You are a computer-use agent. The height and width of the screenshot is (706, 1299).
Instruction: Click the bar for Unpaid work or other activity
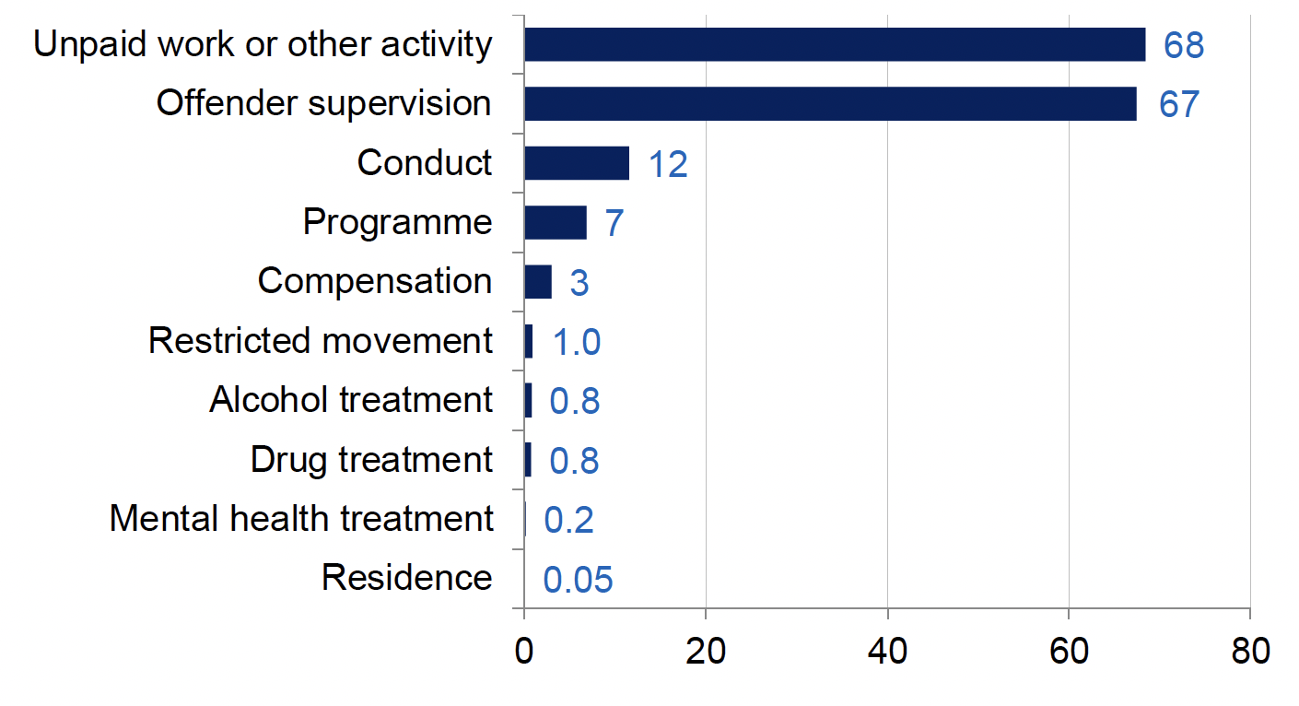click(x=834, y=44)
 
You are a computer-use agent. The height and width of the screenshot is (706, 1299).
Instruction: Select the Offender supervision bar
click(x=829, y=103)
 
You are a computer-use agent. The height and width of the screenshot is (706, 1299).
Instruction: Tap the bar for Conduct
click(x=577, y=163)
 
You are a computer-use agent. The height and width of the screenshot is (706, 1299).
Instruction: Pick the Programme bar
click(x=556, y=222)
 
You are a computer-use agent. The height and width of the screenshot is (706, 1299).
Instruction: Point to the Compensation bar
click(x=538, y=281)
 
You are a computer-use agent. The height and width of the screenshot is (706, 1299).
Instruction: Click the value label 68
click(x=1184, y=45)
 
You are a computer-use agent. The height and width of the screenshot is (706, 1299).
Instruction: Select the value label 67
click(x=1178, y=104)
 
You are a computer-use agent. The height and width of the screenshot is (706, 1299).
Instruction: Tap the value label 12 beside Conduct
click(x=668, y=164)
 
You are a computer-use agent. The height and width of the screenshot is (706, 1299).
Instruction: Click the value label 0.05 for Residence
click(x=578, y=580)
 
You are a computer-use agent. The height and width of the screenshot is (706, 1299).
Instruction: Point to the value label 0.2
click(x=568, y=520)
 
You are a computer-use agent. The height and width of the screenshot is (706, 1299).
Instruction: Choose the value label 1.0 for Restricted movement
click(x=577, y=342)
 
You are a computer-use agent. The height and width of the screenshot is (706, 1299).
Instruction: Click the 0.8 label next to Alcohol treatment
click(x=575, y=402)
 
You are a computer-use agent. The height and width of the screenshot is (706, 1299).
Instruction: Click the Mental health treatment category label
click(x=301, y=519)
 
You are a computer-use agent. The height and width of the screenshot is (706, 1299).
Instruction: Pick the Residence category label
click(x=406, y=578)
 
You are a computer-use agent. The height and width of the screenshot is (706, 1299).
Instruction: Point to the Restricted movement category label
click(x=321, y=341)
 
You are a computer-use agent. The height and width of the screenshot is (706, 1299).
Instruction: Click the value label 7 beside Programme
click(x=614, y=224)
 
